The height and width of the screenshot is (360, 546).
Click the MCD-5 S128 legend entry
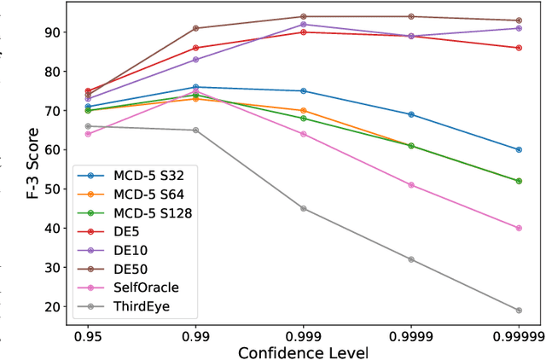point(142,212)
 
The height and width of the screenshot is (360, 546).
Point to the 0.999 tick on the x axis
point(303,334)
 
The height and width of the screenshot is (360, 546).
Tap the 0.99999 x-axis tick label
point(519,334)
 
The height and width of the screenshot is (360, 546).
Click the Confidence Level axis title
point(303,351)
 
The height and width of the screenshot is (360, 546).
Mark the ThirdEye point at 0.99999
point(519,311)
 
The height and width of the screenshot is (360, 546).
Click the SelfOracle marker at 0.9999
point(411,185)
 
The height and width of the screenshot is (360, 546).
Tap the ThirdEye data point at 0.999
point(303,208)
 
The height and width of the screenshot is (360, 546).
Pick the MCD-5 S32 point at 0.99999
point(519,149)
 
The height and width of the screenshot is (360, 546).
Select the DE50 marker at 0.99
point(195,28)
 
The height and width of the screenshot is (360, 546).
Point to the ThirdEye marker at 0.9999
point(411,259)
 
